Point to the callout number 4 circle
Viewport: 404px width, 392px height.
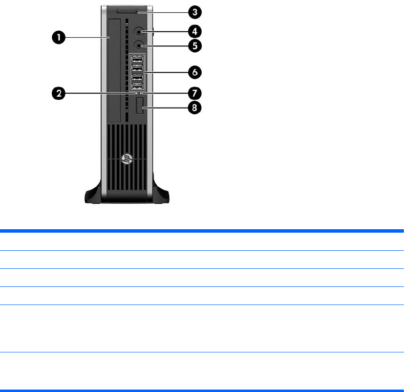click(195, 32)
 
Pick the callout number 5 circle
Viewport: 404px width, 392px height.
click(195, 46)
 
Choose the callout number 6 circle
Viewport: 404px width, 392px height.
click(195, 72)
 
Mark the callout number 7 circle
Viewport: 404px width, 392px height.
click(195, 92)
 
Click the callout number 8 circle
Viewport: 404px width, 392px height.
click(195, 108)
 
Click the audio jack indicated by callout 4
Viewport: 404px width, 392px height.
click(140, 32)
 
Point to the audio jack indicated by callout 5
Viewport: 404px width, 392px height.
click(140, 46)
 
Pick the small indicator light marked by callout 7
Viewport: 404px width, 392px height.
click(141, 93)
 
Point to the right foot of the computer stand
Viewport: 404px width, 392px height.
click(161, 194)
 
